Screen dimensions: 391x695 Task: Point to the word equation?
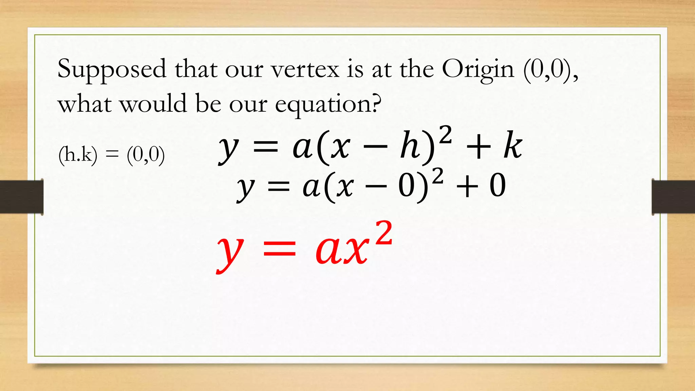(x=328, y=105)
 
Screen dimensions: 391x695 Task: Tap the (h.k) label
(x=78, y=155)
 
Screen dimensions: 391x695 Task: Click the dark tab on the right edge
(x=673, y=197)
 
